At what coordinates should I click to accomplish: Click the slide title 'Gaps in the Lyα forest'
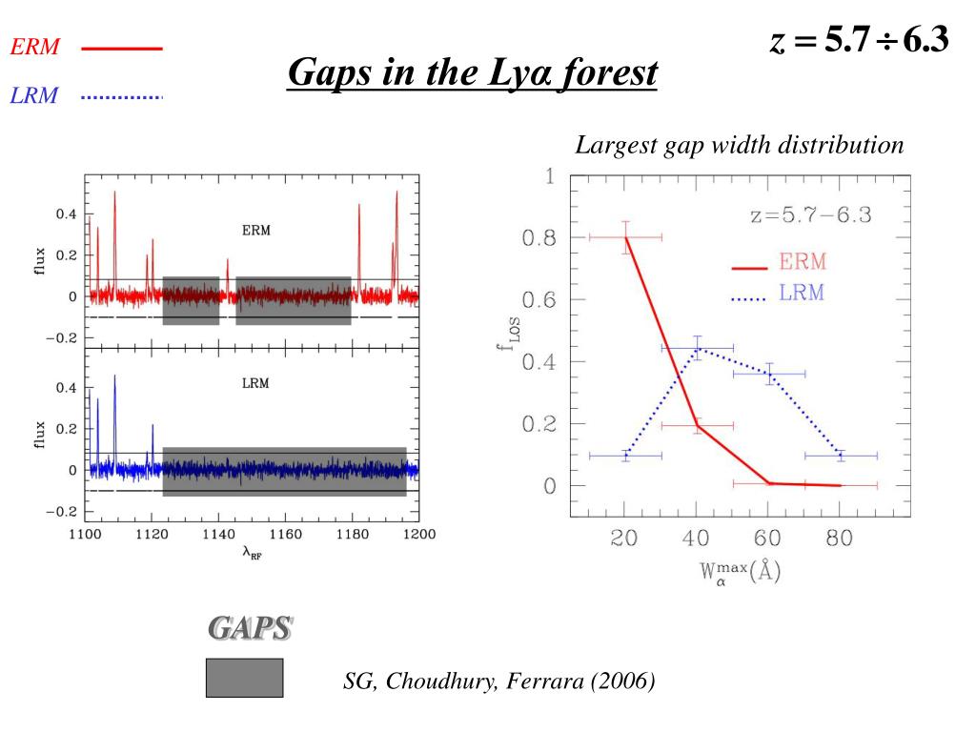pos(472,72)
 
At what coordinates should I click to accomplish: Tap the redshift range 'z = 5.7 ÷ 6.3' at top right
pos(859,41)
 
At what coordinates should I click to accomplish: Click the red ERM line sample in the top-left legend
pos(122,49)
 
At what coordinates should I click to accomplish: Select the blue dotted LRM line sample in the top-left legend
pos(122,96)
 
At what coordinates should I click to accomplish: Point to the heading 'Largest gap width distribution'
pos(739,146)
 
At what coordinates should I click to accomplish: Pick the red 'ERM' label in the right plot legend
pos(803,262)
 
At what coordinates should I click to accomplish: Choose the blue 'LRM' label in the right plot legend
pos(802,293)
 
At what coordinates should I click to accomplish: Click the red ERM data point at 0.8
pos(625,237)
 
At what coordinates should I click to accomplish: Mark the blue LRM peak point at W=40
pos(697,349)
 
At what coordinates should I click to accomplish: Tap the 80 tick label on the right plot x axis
pos(840,539)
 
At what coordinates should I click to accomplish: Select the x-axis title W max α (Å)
pos(741,574)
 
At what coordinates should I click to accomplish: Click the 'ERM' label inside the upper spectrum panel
pos(255,231)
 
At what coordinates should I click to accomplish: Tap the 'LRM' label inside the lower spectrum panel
pos(255,383)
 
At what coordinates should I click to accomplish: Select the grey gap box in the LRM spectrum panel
pos(284,471)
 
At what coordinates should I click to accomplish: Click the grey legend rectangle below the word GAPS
pos(244,677)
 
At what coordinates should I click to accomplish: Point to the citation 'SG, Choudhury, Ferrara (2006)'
pos(499,681)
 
